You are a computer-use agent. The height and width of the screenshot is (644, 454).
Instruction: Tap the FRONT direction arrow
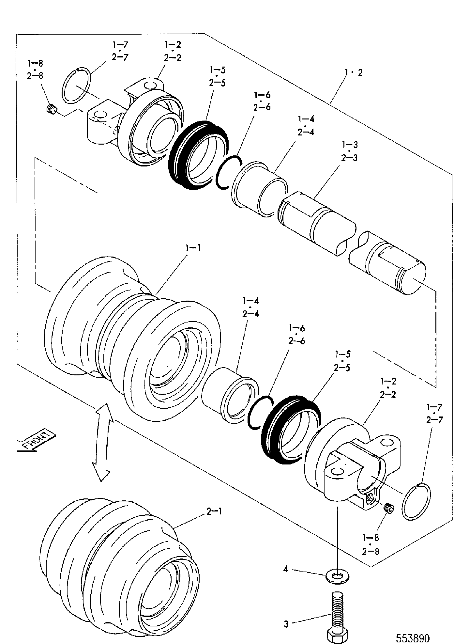click(36, 440)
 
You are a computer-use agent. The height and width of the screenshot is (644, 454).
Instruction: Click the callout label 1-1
click(193, 248)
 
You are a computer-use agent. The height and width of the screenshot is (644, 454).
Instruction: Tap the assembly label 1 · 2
click(353, 72)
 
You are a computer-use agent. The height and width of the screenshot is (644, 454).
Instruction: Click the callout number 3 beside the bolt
click(286, 624)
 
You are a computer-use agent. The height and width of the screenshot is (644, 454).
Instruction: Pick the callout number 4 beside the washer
click(286, 570)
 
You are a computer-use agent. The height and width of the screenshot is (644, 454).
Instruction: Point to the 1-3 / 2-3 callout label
click(349, 151)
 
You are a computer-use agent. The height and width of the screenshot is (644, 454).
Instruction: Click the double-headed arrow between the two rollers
click(102, 442)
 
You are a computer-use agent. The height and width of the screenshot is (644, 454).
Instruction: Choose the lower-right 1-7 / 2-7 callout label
click(435, 414)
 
